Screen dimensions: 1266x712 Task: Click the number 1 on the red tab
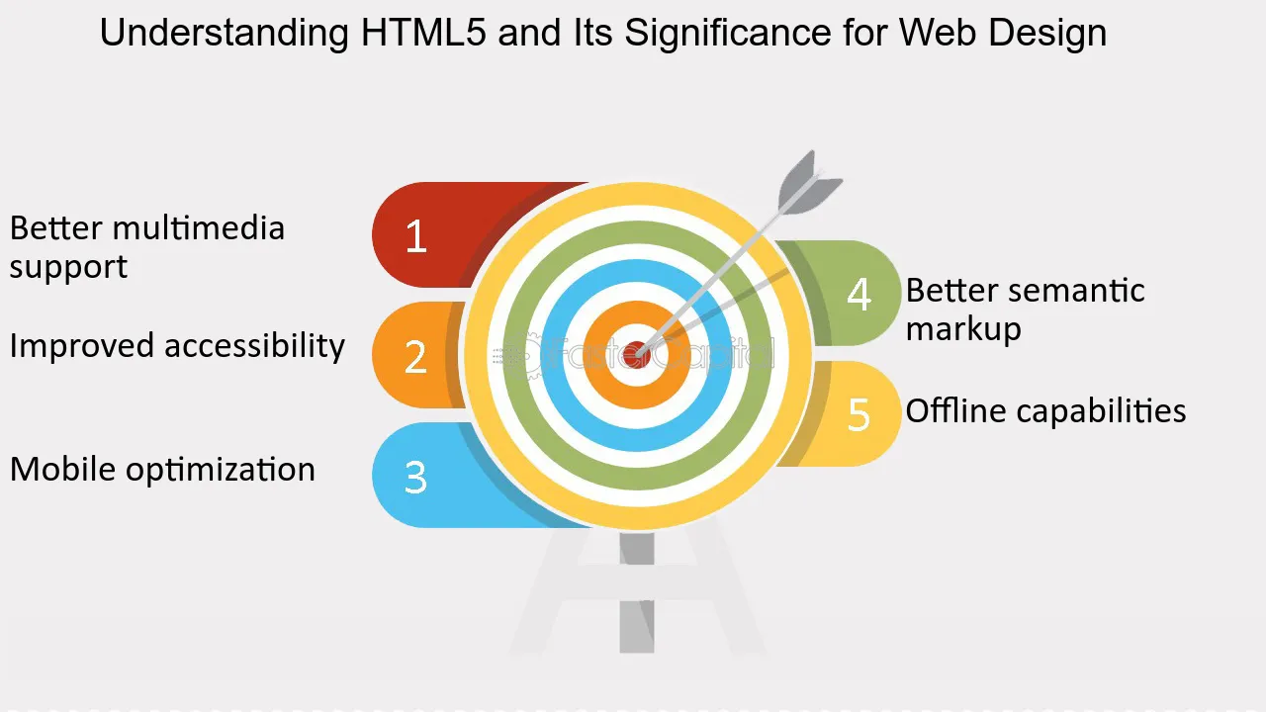(x=416, y=236)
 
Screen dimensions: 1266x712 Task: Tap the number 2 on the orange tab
(x=415, y=357)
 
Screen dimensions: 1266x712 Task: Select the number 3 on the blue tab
(x=415, y=478)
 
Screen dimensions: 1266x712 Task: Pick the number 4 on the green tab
(x=859, y=294)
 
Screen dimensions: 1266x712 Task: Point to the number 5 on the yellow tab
(x=859, y=414)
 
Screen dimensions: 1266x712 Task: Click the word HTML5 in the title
(x=423, y=33)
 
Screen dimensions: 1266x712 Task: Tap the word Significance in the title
(x=727, y=33)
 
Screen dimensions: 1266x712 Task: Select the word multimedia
(x=199, y=228)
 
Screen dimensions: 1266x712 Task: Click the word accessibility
(x=254, y=346)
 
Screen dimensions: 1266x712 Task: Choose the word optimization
(x=221, y=470)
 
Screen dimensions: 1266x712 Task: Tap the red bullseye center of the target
(x=637, y=354)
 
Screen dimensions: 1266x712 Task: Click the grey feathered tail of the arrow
(x=809, y=185)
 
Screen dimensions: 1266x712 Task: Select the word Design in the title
(x=1047, y=34)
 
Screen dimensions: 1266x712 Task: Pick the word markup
(x=963, y=329)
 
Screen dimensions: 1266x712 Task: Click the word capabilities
(x=1101, y=411)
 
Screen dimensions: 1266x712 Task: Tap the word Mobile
(x=62, y=470)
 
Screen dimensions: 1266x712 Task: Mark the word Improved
(x=81, y=346)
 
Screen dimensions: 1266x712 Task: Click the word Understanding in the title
(x=225, y=34)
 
